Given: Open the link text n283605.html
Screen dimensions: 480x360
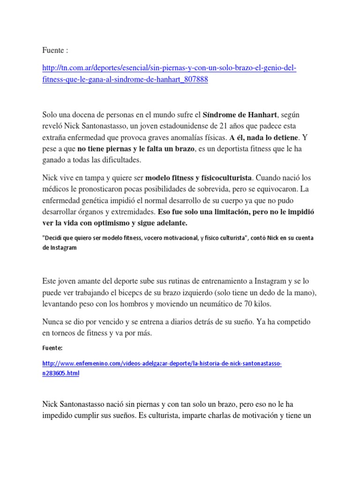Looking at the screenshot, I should click(60, 373).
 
